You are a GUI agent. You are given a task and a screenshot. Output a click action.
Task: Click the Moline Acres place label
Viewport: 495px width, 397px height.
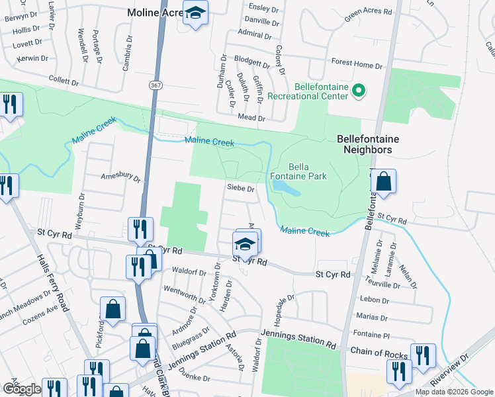[156, 12]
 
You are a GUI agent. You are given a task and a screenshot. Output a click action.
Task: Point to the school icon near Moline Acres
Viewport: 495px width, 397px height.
[195, 13]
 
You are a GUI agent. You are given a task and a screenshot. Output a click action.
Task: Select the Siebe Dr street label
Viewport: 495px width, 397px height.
[241, 189]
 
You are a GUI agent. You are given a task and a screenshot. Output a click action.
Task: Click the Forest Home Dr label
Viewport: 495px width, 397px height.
[357, 64]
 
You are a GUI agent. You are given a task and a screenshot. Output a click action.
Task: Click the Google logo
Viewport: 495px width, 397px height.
[22, 389]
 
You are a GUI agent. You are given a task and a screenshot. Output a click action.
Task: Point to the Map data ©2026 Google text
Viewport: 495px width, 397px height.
[454, 392]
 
